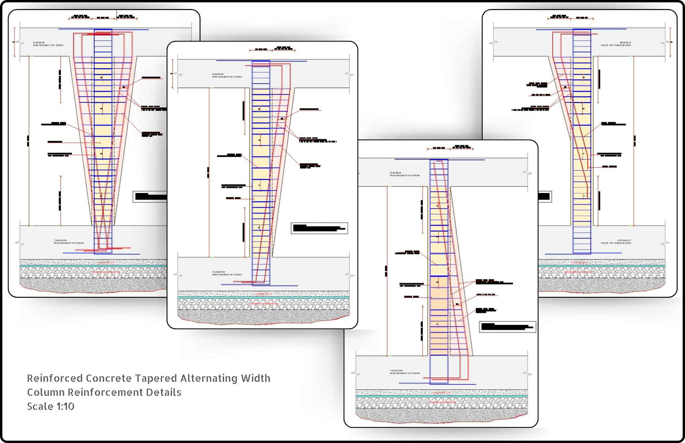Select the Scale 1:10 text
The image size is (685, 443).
51,406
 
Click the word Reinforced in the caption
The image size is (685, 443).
55,378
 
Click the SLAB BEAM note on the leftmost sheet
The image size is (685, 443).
48,44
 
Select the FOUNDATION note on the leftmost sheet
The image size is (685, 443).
68,242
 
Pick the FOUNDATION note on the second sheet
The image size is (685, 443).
227,273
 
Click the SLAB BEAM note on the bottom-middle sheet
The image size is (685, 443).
404,174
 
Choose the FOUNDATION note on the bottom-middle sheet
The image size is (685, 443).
404,372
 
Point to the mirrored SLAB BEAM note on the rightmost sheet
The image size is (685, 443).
615,44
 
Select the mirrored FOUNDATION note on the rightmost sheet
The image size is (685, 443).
615,242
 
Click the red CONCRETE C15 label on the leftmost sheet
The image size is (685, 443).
106,262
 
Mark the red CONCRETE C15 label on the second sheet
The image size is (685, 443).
264,294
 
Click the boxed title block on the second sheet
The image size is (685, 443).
319,229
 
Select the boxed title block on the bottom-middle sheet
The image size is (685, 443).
507,327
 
